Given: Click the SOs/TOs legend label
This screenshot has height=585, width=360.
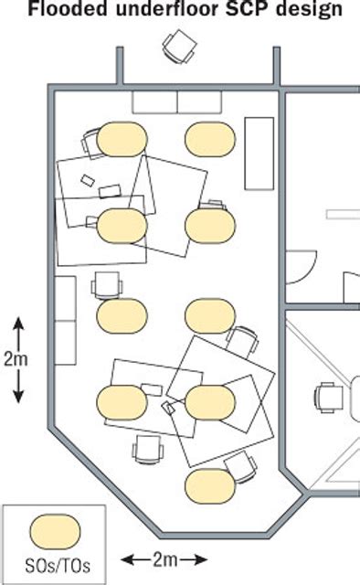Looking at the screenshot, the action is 56,562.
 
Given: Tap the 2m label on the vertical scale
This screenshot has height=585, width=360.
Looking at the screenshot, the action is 16,359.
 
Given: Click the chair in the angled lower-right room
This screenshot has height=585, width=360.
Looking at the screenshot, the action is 329,398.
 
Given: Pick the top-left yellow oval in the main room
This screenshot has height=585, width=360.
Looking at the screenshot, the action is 122,138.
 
